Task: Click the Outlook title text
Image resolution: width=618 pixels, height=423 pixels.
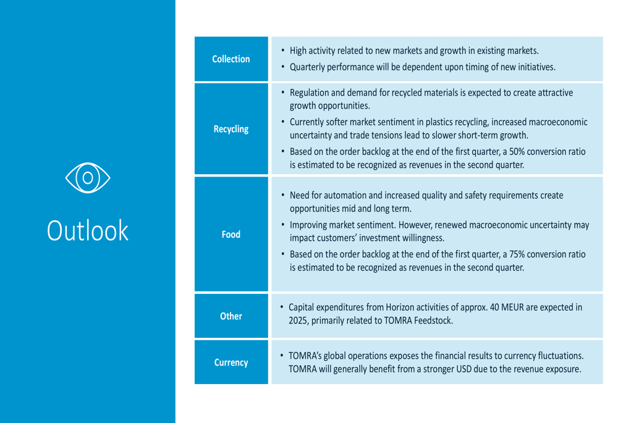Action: click(x=88, y=230)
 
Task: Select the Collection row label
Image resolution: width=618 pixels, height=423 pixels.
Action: click(x=231, y=59)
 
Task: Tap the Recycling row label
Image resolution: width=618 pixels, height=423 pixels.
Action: click(x=231, y=129)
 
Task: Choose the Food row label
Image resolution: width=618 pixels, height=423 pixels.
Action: click(x=231, y=234)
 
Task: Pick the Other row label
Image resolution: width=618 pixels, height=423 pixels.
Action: click(x=231, y=316)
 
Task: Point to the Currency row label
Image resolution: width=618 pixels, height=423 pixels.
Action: click(x=231, y=362)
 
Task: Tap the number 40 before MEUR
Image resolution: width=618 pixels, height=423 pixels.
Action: click(x=494, y=307)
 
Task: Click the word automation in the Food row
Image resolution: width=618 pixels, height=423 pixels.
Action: click(x=345, y=195)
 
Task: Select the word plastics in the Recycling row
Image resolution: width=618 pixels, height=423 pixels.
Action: click(x=439, y=122)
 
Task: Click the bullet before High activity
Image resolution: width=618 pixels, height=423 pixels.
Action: click(x=282, y=51)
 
